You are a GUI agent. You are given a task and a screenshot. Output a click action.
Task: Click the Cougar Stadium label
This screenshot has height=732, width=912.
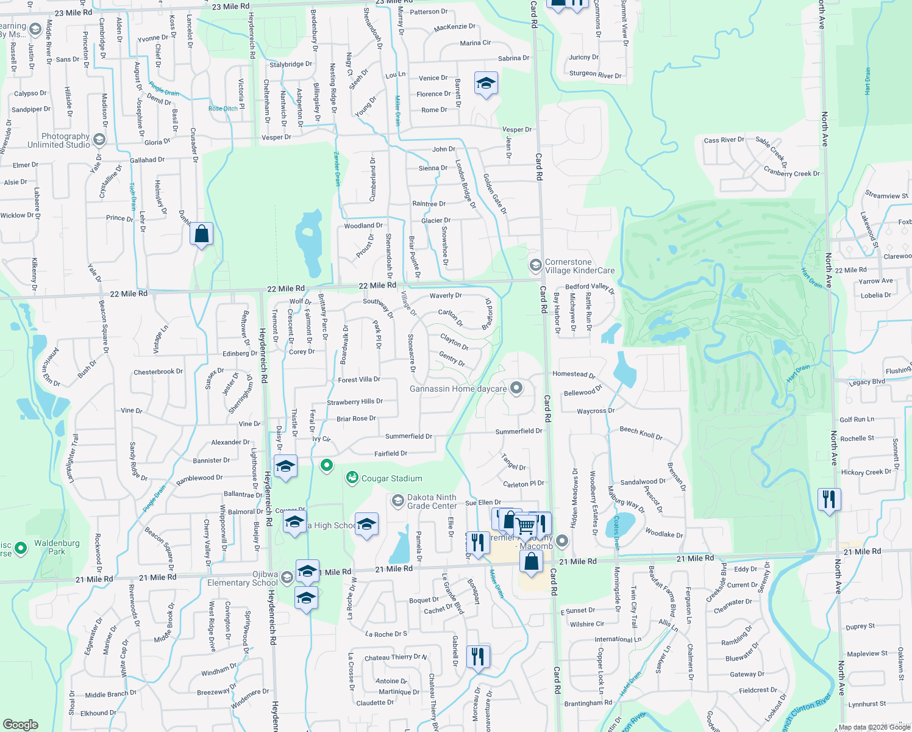coord(391,479)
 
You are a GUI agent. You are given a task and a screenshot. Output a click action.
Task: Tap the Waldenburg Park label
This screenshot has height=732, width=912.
coord(57,547)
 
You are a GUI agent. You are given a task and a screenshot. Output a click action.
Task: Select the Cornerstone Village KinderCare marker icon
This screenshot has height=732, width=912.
coord(535,265)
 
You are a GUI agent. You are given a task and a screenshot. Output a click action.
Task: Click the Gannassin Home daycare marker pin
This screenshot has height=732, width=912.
coord(516,388)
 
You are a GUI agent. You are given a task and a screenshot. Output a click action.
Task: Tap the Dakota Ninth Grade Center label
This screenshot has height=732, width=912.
coord(432,501)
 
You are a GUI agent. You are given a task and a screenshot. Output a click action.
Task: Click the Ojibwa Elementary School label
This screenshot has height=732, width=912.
coord(242,579)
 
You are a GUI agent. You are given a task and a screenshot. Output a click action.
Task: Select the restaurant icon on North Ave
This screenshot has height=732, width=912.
coord(829,500)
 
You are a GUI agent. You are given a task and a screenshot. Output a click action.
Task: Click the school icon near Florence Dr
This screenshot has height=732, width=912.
coord(485,84)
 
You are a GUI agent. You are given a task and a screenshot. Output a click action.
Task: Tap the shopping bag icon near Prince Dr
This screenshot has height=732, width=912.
coord(201,234)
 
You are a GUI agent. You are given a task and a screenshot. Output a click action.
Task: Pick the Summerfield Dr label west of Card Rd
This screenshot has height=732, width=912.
coord(408,436)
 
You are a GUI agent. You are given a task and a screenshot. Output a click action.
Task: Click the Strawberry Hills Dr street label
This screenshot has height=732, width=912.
coord(355,402)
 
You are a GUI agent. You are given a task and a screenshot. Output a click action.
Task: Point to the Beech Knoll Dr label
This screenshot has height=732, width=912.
coord(641,433)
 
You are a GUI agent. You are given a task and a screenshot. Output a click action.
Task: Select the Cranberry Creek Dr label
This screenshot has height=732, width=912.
coord(791,173)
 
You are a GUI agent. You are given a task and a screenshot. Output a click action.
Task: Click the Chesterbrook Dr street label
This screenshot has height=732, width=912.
coord(158,371)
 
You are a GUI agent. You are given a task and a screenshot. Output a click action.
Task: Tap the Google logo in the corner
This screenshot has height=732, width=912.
coord(20,724)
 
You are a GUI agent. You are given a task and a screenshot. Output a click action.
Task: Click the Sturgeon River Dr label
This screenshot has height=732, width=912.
coord(595,74)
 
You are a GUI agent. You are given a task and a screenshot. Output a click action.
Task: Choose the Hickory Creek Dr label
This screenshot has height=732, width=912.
coord(866,472)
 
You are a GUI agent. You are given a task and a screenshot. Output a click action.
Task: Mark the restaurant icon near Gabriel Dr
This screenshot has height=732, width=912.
coord(478,656)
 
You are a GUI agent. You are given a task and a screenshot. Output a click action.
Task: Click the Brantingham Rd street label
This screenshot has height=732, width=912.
coord(588,703)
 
